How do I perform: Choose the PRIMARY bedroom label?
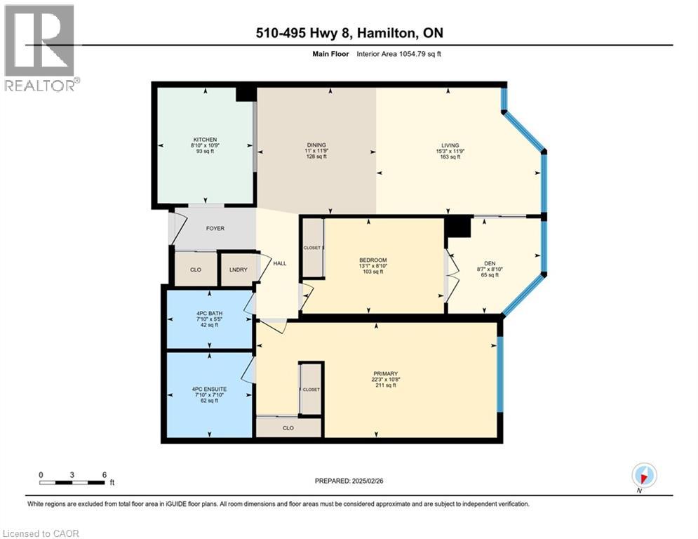coord(386,373)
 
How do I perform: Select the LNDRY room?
coord(237,269)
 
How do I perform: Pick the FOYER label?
coord(215,228)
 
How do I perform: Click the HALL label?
coord(279,263)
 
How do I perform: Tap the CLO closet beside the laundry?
coord(196,269)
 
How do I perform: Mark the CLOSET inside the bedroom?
coord(312,248)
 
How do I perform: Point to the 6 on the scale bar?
coord(104,475)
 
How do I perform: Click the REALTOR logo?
coord(40,48)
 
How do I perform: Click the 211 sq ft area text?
coord(386,385)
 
